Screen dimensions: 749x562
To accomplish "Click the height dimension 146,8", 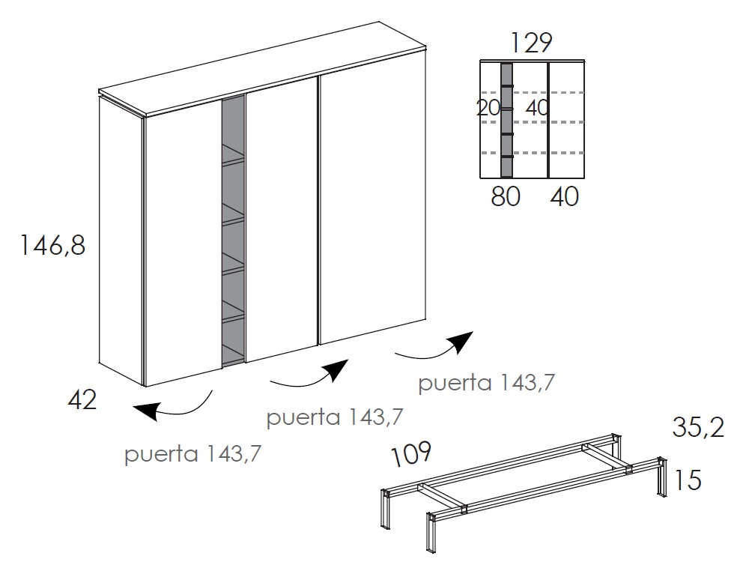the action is click(x=52, y=246).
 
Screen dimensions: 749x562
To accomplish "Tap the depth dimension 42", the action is click(x=82, y=400).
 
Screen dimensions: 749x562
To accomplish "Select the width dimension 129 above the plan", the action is click(x=531, y=43).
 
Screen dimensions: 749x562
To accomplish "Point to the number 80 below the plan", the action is click(x=506, y=196).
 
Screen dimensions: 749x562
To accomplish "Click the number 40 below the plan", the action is click(x=564, y=196).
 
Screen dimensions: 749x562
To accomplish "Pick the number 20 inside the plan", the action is click(x=488, y=108).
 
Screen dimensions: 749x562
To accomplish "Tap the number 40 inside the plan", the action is click(x=537, y=108).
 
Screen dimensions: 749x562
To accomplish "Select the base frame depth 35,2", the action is click(x=698, y=428).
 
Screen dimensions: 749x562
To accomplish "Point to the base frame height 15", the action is click(x=687, y=480).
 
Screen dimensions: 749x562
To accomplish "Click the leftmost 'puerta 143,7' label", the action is click(x=193, y=454).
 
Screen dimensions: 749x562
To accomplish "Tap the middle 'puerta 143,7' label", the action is click(x=335, y=417).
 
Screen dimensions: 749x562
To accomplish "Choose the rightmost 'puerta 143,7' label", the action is click(x=486, y=383).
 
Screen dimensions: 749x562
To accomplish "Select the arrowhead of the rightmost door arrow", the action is click(x=460, y=341).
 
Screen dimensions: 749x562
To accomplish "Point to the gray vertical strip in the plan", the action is click(x=506, y=121).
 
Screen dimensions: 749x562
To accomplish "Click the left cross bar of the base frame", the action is click(x=443, y=498).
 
